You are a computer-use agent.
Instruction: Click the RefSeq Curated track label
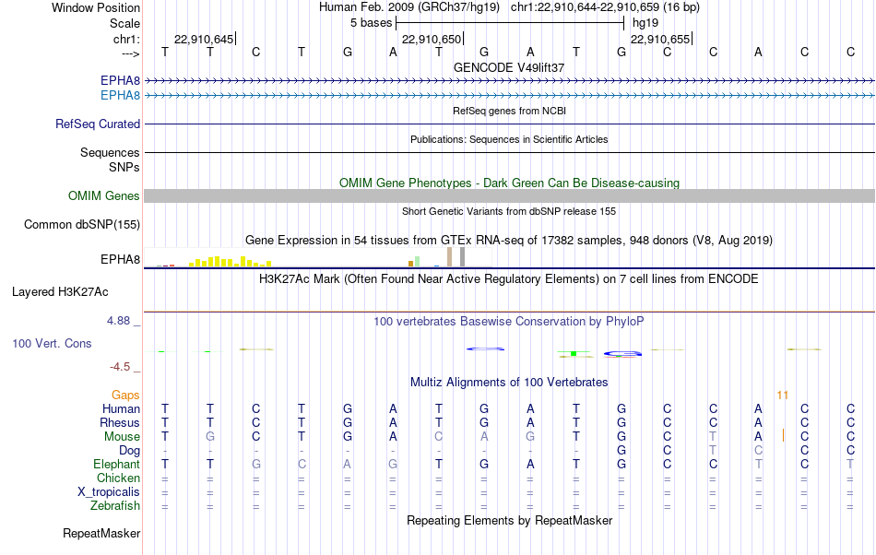tap(98, 124)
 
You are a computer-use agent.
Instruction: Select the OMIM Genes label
tap(104, 196)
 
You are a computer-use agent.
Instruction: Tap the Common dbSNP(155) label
tap(82, 224)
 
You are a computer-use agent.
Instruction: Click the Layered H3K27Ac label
tap(60, 292)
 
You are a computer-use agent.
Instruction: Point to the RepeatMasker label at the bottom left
tap(101, 533)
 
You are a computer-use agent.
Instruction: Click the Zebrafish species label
tap(115, 506)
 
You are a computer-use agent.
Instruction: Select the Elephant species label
tap(117, 465)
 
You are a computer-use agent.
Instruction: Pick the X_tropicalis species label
tap(109, 492)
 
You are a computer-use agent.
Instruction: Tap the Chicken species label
tap(118, 478)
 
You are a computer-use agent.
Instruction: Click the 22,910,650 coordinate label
tap(432, 39)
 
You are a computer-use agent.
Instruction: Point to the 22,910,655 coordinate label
tap(660, 39)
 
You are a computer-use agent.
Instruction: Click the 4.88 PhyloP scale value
tap(118, 321)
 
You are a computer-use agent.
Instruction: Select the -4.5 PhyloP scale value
tap(120, 367)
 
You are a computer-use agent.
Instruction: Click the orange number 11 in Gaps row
tap(782, 396)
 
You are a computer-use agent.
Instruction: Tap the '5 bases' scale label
tap(372, 23)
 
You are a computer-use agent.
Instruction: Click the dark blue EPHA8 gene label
tap(120, 80)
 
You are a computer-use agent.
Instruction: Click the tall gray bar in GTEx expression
tap(463, 257)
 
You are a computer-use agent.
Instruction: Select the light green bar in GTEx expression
tap(418, 261)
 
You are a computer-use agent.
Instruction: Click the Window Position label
tap(96, 7)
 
